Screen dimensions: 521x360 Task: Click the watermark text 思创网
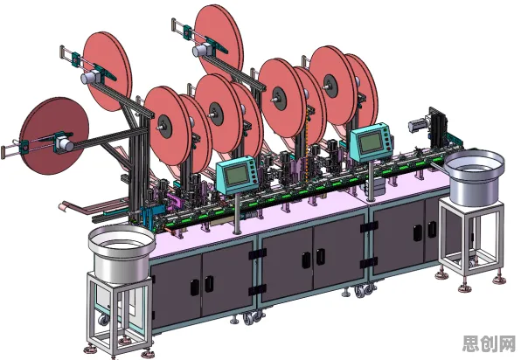pyautogui.click(x=490, y=343)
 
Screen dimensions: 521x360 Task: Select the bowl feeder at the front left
pyautogui.click(x=122, y=253)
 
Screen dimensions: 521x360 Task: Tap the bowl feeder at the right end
pyautogui.click(x=475, y=177)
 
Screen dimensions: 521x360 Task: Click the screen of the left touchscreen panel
pyautogui.click(x=237, y=175)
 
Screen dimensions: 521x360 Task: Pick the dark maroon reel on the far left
pyautogui.click(x=53, y=135)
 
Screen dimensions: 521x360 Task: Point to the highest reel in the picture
pyautogui.click(x=219, y=43)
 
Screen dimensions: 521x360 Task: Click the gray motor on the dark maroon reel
pyautogui.click(x=63, y=144)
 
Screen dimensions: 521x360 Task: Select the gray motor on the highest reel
pyautogui.click(x=200, y=50)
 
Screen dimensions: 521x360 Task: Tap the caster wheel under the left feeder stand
pyautogui.click(x=104, y=320)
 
